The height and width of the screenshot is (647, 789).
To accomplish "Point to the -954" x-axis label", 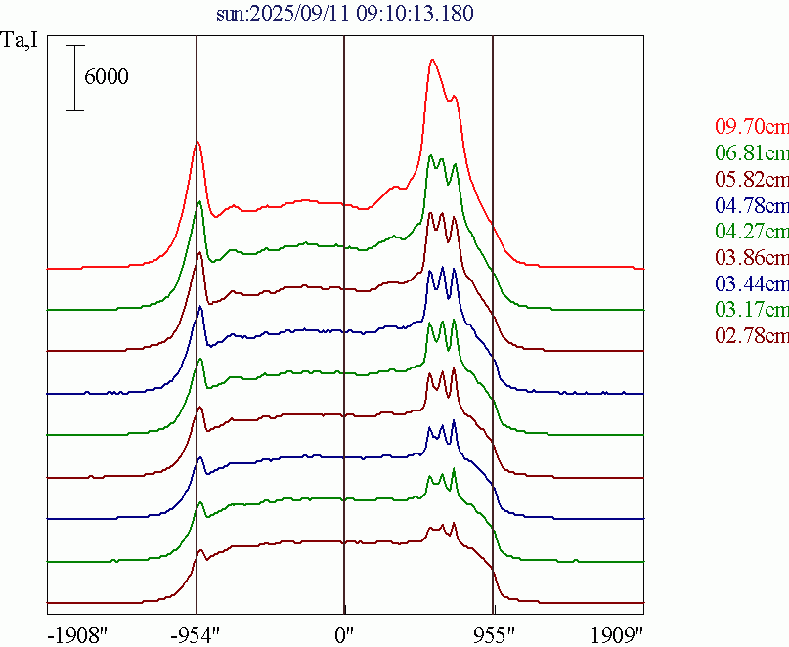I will point(196,634).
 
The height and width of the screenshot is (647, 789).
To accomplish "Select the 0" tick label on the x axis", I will point(344,634).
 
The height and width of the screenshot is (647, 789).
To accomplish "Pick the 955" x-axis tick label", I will point(493,634).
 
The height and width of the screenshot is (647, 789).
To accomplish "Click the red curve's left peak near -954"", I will point(197,142).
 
